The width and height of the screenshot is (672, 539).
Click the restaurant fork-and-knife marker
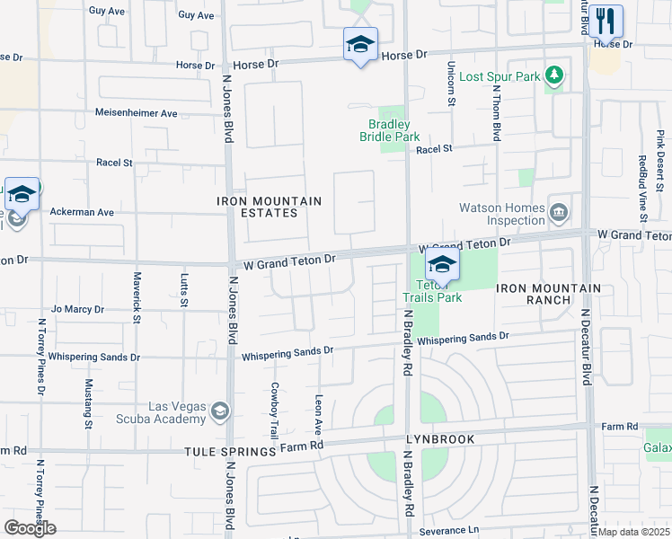pos(606,20)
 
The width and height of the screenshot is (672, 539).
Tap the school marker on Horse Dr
pos(360,44)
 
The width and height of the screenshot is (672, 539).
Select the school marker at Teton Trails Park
pos(442,264)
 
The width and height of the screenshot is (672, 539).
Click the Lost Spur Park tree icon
pos(554,76)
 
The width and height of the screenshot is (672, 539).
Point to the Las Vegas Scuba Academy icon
pos(219,412)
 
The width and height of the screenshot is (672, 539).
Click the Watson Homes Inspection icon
pos(559,213)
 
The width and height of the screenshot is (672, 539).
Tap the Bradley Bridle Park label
pos(389,130)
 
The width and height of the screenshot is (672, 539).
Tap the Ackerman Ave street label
pos(82,213)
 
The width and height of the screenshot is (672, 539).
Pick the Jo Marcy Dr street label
pos(78,309)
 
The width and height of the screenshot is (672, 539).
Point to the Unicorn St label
pos(451,85)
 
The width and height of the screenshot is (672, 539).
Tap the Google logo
pos(30,528)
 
